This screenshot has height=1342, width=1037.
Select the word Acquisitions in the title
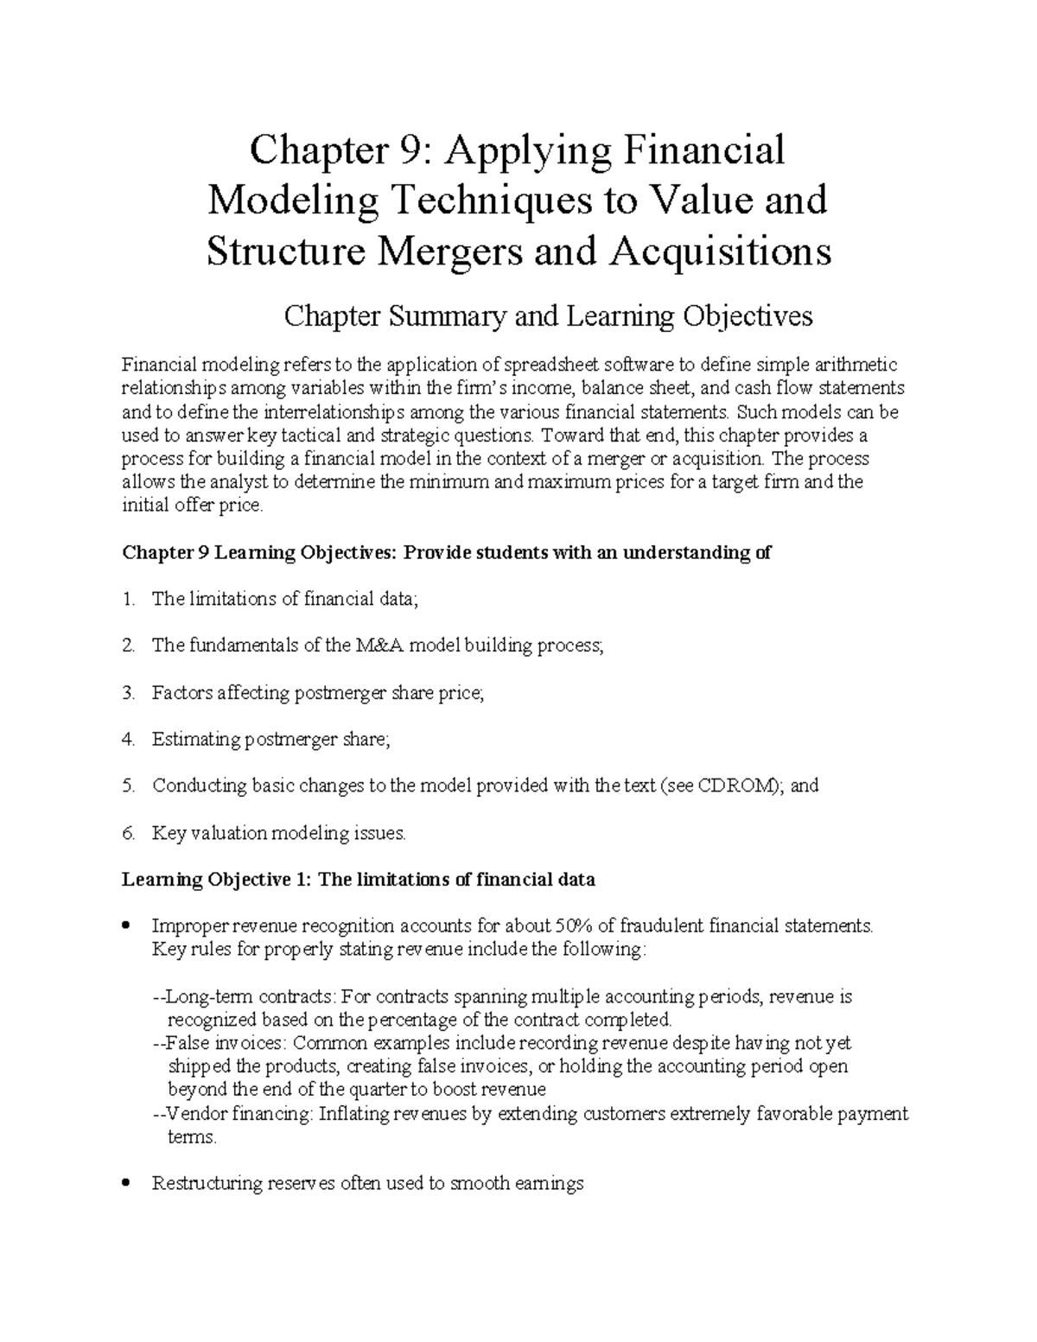[x=722, y=251]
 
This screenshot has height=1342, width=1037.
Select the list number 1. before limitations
[x=129, y=599]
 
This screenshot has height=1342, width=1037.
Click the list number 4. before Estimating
[x=129, y=740]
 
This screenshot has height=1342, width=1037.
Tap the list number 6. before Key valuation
[x=129, y=834]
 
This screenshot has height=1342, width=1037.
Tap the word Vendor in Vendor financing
[x=192, y=1114]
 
